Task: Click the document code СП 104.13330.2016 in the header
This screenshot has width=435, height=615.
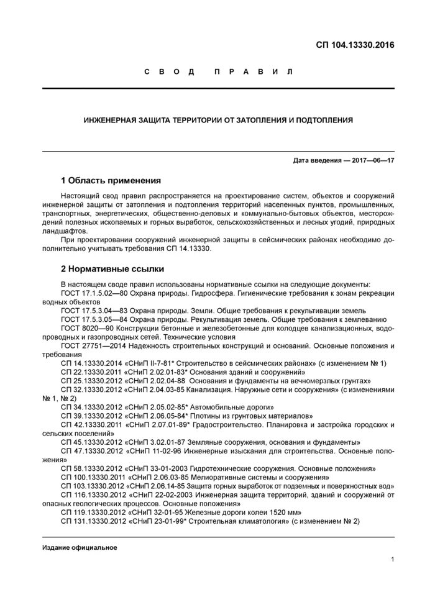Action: coord(355,45)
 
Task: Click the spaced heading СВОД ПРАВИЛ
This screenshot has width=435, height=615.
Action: coord(218,72)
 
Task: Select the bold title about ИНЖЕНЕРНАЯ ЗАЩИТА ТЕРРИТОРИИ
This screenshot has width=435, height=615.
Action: coord(218,120)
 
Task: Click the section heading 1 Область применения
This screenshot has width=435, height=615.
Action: coord(111,181)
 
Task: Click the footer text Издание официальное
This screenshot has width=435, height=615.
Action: coord(80,548)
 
